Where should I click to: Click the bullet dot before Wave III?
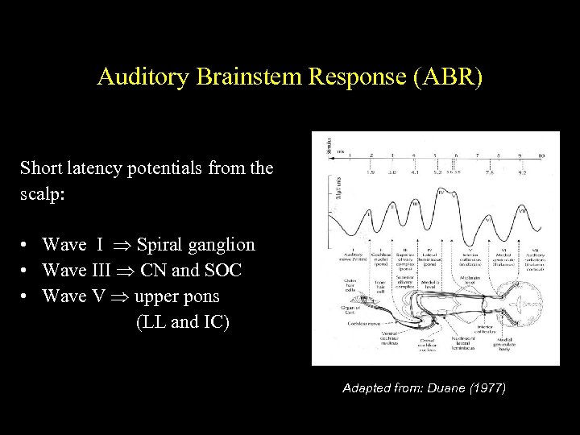click(27, 271)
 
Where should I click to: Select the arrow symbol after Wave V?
click(120, 296)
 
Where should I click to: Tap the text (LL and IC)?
click(183, 322)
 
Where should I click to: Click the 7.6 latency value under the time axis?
click(489, 171)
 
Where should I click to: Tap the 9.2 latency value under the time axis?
click(521, 171)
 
